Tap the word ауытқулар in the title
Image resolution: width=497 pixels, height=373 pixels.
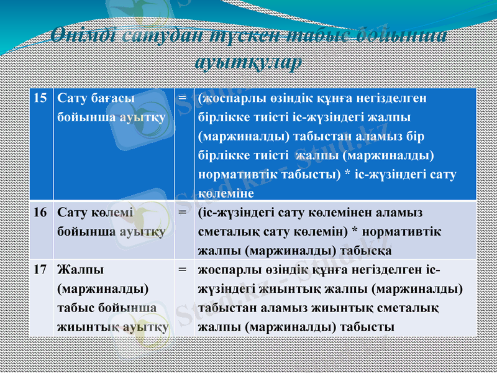pos(248,62)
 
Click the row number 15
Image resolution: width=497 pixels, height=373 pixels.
pos(40,98)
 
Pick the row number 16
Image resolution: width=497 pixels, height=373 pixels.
pos(40,212)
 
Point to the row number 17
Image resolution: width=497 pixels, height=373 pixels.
pos(40,270)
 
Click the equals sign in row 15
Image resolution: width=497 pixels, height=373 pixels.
pos(183,98)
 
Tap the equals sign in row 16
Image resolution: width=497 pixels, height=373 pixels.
pos(183,212)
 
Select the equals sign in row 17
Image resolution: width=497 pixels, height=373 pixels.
pos(183,270)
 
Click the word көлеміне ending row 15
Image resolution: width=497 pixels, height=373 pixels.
pos(222,193)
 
